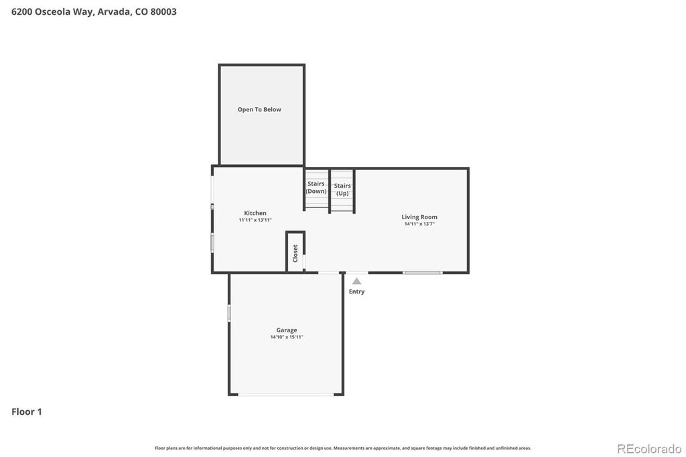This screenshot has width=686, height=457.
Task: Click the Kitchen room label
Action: click(255, 213)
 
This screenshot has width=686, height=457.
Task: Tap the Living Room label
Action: click(419, 216)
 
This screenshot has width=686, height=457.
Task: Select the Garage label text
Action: click(287, 330)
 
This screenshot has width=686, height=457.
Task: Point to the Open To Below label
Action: click(259, 109)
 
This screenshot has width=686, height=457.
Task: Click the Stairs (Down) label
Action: click(316, 188)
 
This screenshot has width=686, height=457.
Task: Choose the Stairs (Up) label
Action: click(342, 189)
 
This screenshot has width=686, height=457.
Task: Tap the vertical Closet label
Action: click(295, 253)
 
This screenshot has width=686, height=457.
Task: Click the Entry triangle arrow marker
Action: click(357, 281)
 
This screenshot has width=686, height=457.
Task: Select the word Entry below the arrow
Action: click(357, 291)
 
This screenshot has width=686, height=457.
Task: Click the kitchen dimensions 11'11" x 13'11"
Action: click(255, 220)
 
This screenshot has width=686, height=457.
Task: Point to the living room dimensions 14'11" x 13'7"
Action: click(419, 224)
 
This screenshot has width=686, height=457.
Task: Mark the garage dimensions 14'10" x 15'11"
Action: click(287, 337)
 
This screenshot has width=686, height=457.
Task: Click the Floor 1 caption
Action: click(27, 411)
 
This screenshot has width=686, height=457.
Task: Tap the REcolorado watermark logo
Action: click(648, 448)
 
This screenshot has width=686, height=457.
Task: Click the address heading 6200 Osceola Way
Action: click(53, 11)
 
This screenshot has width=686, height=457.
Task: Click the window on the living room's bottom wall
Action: click(422, 273)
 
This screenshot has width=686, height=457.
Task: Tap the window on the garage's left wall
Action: click(229, 312)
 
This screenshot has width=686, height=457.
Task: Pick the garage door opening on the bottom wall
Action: click(287, 394)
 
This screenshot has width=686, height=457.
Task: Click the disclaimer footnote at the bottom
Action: click(343, 448)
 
